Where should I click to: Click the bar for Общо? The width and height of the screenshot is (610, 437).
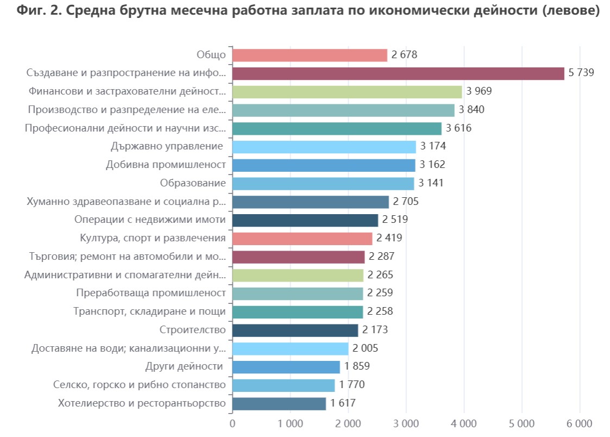click(x=310, y=55)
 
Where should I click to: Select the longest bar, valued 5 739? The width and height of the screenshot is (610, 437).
click(x=398, y=73)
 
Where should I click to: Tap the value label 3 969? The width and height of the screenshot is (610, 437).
click(x=479, y=91)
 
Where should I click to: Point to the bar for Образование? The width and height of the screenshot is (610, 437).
click(x=323, y=183)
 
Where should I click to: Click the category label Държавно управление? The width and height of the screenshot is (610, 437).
click(x=167, y=147)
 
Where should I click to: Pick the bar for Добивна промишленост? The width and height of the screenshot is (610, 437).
click(x=324, y=165)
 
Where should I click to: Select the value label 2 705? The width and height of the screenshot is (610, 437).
click(x=406, y=202)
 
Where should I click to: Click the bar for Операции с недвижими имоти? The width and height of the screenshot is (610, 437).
click(x=305, y=220)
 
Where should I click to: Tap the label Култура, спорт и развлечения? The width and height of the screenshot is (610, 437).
click(x=153, y=238)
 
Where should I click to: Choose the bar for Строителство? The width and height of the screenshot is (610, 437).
click(x=295, y=330)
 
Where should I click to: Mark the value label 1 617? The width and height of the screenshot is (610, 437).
click(x=343, y=403)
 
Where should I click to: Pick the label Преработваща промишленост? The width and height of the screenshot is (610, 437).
click(x=150, y=294)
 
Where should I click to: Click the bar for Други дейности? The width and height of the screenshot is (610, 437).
click(x=286, y=367)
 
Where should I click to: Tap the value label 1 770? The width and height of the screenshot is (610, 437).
click(x=351, y=385)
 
